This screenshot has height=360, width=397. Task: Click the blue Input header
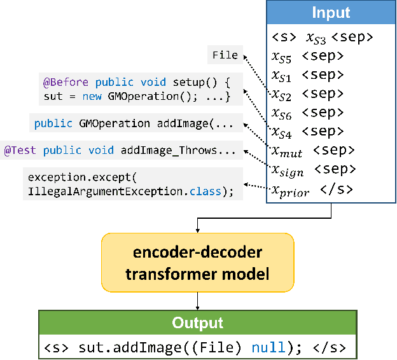(x=330, y=12)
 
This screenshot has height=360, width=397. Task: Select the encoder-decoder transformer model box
(x=197, y=263)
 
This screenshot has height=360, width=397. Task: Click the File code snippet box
(x=225, y=55)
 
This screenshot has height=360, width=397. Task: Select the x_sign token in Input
(x=287, y=170)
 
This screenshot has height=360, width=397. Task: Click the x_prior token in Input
(x=290, y=190)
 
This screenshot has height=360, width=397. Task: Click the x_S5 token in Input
(x=282, y=56)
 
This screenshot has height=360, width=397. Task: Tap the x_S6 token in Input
(x=282, y=113)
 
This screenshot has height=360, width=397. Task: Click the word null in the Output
(x=264, y=348)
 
